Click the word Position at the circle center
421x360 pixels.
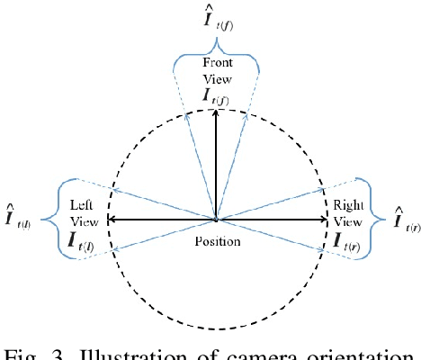tap(216, 242)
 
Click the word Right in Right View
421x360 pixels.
tap(348, 206)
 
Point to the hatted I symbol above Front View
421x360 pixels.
tap(216, 19)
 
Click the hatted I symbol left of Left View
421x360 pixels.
tap(18, 216)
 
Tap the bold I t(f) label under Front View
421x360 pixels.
tap(216, 95)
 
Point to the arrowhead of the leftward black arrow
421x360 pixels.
tap(110, 219)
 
